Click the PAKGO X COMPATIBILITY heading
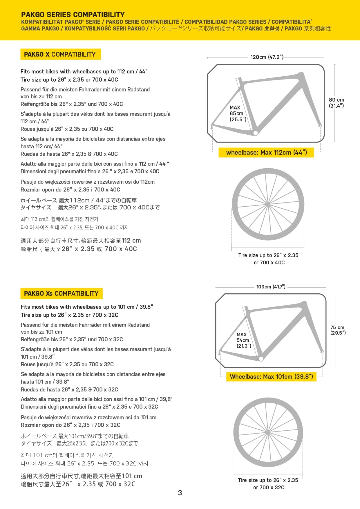60,54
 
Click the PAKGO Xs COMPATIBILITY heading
61,293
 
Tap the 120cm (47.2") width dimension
267,57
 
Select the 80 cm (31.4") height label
337,103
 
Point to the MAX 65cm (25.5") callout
238,113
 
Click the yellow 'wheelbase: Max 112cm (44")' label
266,153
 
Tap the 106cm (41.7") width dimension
271,287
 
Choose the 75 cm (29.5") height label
338,330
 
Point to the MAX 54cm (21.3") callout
244,340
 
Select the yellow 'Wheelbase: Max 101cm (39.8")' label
271,377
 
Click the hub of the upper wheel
268,204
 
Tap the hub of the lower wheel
268,433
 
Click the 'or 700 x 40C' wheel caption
269,263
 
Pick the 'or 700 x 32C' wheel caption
269,488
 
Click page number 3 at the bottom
180,493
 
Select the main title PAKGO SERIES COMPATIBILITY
73,15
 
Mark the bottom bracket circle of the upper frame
255,133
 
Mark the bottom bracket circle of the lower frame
261,359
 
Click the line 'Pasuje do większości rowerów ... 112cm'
88,182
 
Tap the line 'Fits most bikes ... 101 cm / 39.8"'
87,307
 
